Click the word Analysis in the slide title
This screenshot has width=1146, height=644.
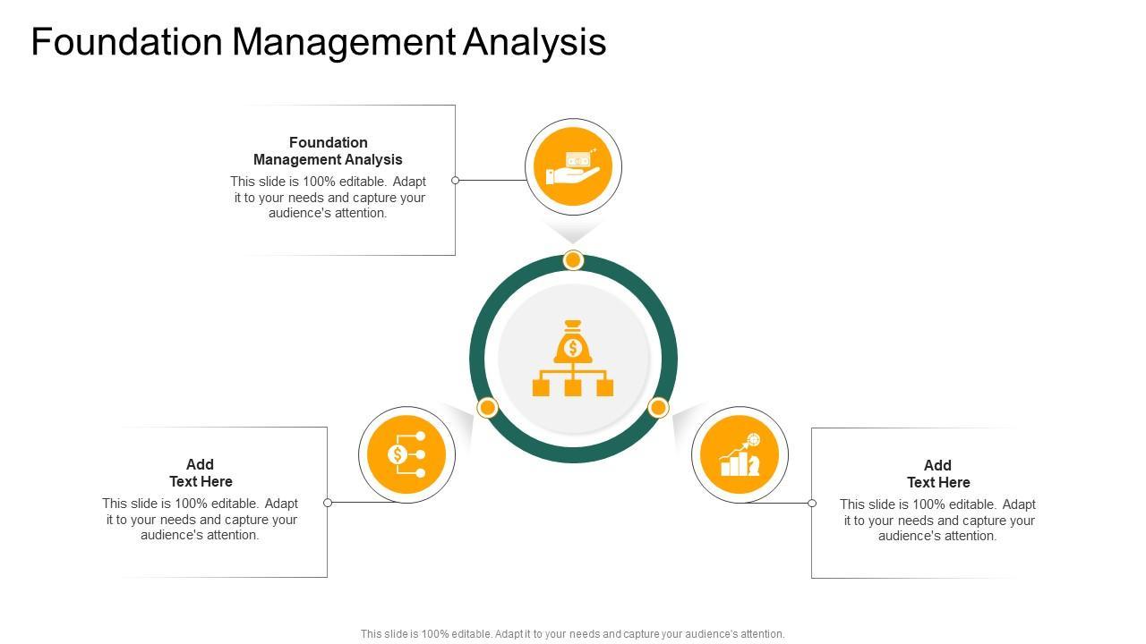click(x=535, y=42)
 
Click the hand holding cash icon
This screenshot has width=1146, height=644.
click(x=573, y=167)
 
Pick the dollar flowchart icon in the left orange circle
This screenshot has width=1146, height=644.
click(x=406, y=454)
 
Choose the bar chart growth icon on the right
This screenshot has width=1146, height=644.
click(x=740, y=454)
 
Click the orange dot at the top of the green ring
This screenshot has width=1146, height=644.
click(x=573, y=260)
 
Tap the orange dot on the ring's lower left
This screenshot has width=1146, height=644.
click(x=487, y=408)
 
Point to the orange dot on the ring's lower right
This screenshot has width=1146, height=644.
click(x=658, y=408)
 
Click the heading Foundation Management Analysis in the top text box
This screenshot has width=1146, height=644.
click(x=328, y=150)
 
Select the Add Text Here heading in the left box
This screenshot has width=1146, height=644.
click(x=201, y=472)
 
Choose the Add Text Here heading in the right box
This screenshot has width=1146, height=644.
click(x=937, y=473)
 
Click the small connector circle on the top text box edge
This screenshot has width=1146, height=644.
click(x=455, y=180)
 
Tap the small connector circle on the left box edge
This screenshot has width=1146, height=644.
click(x=328, y=503)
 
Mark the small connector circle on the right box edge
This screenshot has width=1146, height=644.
click(x=812, y=503)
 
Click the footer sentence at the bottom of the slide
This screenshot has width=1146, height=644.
click(x=572, y=633)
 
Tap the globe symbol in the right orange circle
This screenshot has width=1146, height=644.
click(x=754, y=439)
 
